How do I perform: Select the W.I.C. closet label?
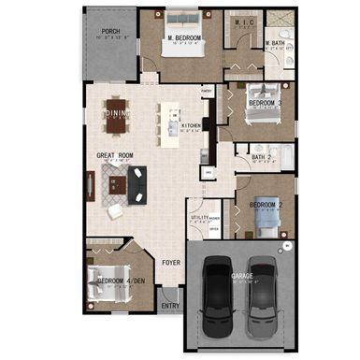pos(246,23)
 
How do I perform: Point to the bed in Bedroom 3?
pos(257,102)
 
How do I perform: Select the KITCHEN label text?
pos(192,124)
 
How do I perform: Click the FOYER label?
pos(171,263)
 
